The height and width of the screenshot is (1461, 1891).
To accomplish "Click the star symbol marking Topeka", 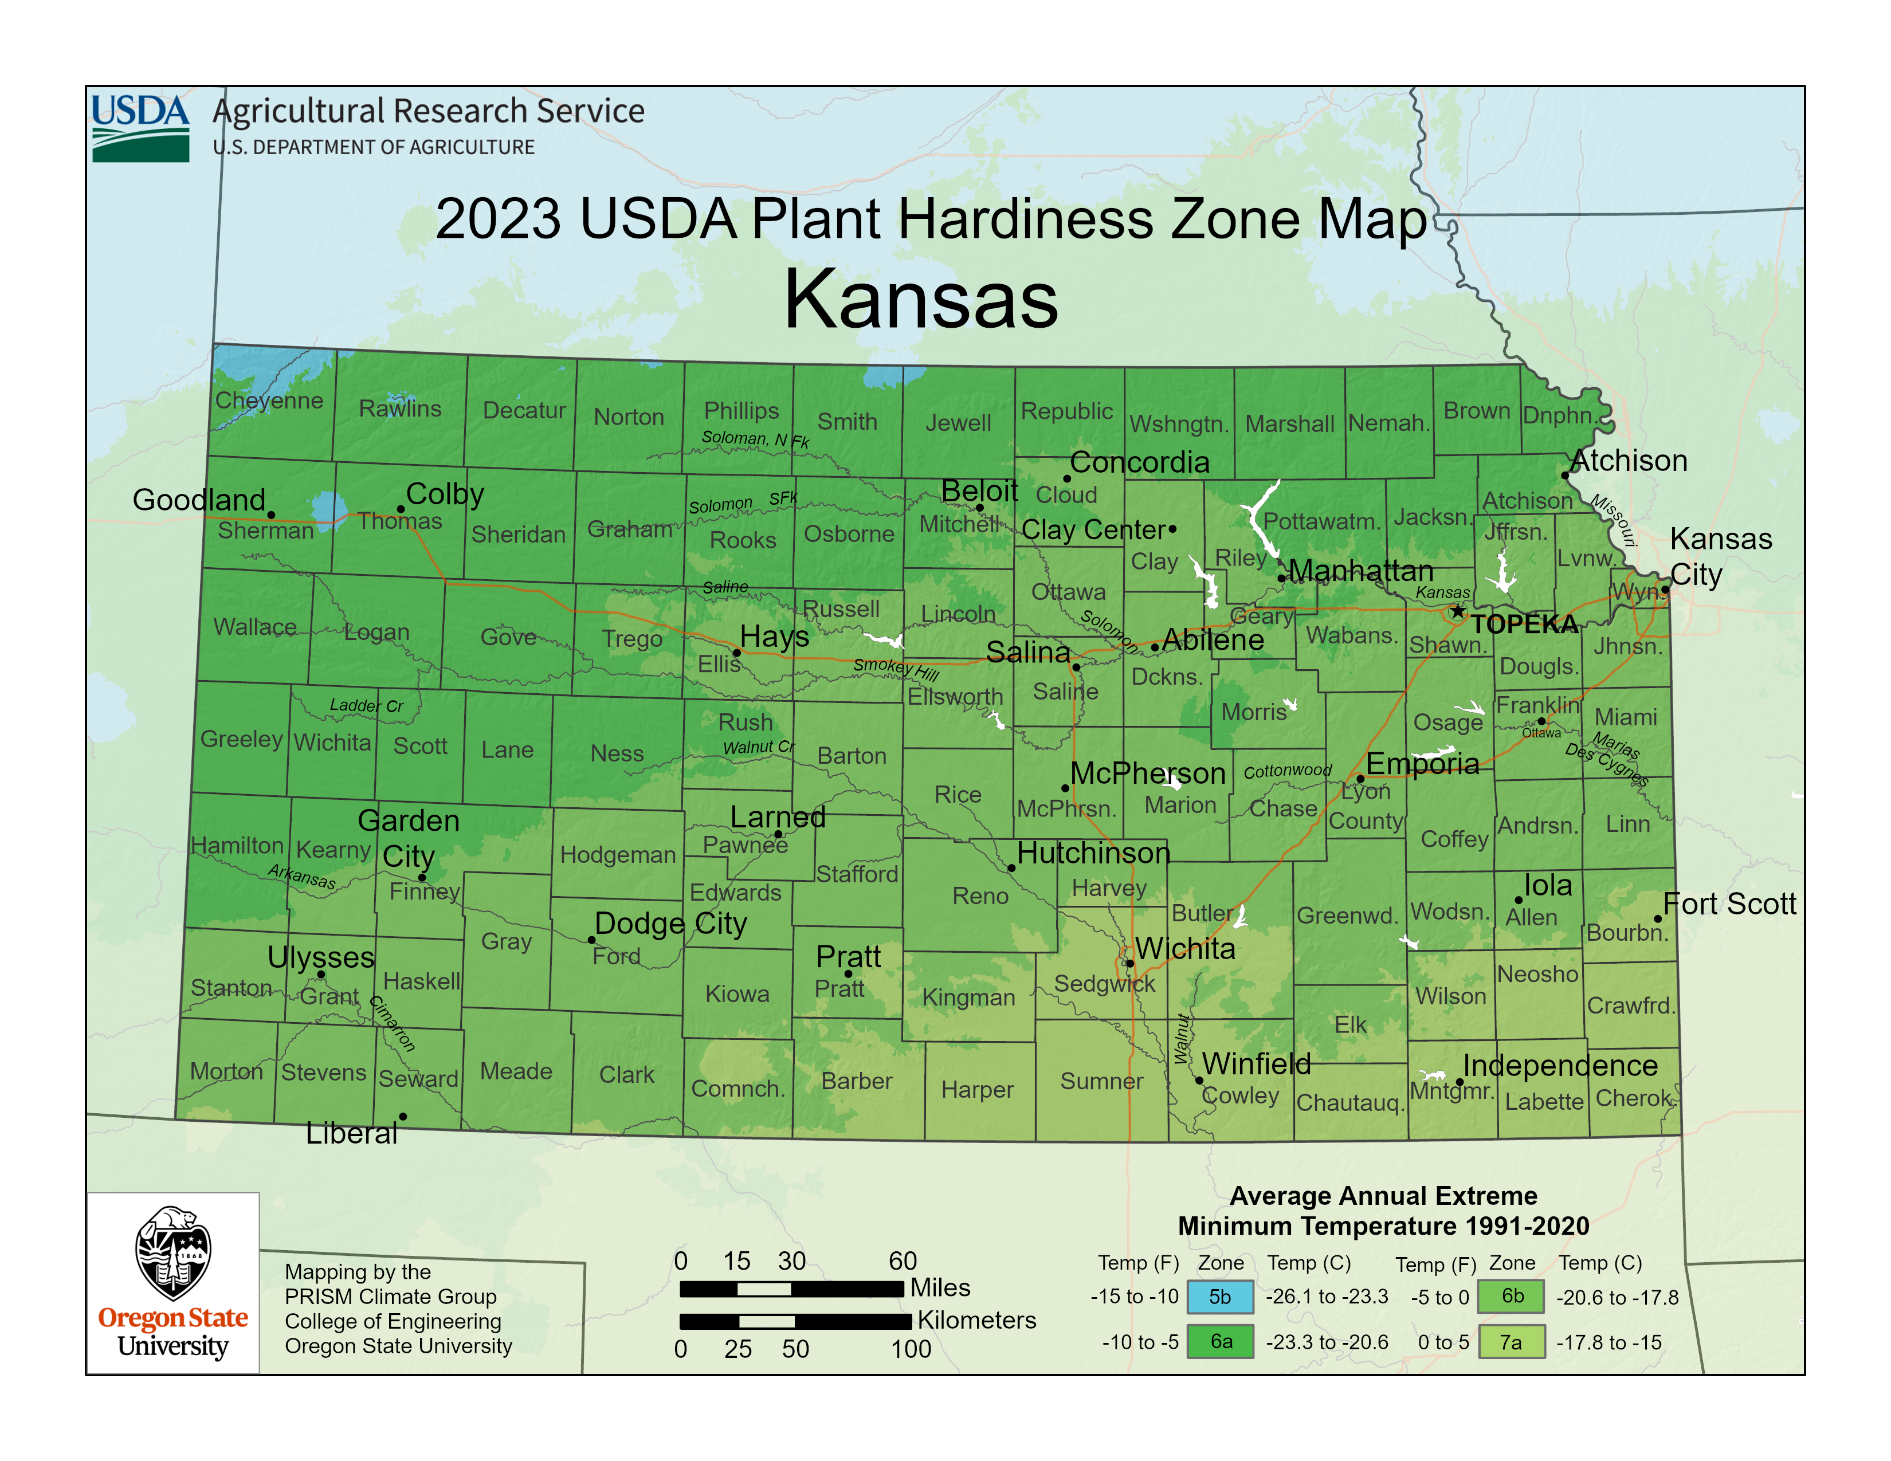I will pos(1458,612).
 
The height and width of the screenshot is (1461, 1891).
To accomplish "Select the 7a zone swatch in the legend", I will pos(1511,1342).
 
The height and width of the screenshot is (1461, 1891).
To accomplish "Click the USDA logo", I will pos(140,128).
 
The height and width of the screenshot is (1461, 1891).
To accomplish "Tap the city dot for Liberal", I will pos(403,1117).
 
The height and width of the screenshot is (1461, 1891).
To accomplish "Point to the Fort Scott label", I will pos(1729,904).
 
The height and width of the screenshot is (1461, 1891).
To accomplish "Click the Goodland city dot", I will pos(271,515).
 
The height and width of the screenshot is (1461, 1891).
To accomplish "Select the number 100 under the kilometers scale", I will pos(911,1349).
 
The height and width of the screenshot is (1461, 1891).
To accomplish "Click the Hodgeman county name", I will pos(617,855).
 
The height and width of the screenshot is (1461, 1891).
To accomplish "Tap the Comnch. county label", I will pos(737,1089).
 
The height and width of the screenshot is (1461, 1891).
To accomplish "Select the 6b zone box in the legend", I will pos(1511,1295).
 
